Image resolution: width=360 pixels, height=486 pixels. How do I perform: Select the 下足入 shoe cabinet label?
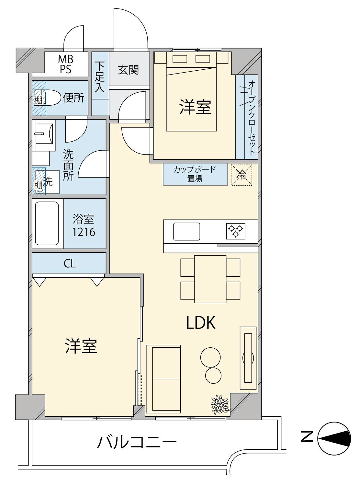(x=100, y=77)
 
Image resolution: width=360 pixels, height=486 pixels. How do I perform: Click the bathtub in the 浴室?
(x=47, y=223)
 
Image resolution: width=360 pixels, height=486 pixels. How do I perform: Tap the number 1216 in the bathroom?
(x=84, y=232)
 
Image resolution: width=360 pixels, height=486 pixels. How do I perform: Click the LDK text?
(x=201, y=323)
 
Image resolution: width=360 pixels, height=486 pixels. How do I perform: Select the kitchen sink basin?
(x=186, y=231)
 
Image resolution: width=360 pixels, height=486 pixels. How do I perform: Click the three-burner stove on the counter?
(x=235, y=231)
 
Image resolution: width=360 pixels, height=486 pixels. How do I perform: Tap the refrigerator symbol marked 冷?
(x=242, y=175)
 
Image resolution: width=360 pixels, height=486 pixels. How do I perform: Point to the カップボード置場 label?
(x=195, y=174)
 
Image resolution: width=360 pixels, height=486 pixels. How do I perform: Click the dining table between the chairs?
(x=210, y=279)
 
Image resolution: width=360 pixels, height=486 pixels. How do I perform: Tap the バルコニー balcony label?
(x=136, y=442)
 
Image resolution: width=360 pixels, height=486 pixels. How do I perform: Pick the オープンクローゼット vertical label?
(x=252, y=118)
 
